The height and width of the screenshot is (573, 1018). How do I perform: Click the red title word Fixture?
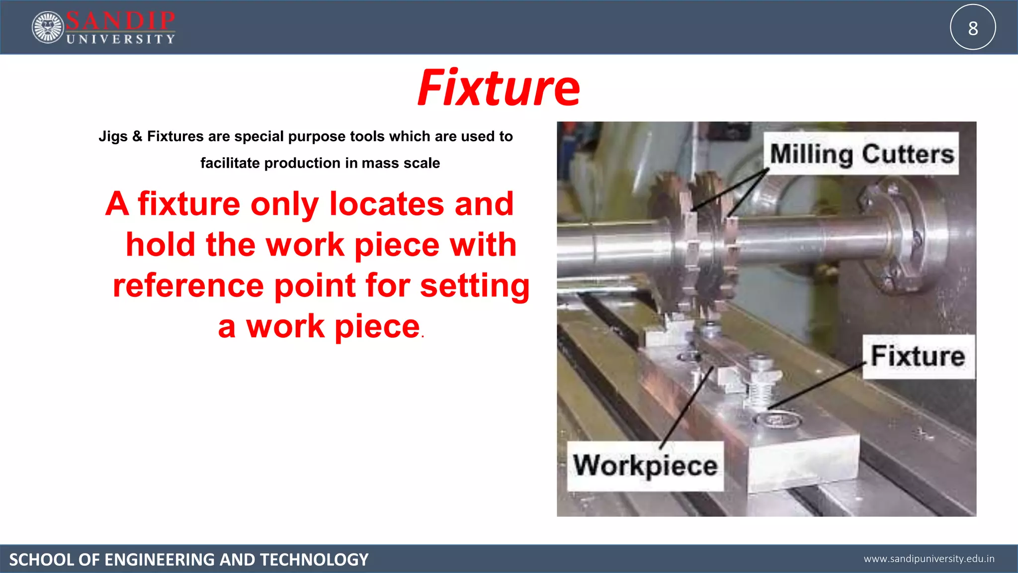(499, 89)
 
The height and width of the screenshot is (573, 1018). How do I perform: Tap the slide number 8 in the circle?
(973, 28)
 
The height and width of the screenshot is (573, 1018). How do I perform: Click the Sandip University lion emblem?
(48, 27)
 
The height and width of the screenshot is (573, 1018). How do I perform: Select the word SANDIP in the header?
(120, 21)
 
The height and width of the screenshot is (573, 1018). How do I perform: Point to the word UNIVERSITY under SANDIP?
(121, 39)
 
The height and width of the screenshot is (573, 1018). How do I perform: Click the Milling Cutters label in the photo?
(861, 154)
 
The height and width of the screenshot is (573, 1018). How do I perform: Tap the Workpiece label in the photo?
(645, 466)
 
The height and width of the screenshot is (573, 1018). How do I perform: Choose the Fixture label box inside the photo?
(918, 356)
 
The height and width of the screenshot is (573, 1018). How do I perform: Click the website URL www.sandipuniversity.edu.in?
(929, 559)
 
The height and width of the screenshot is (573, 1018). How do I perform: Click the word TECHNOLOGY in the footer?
(314, 560)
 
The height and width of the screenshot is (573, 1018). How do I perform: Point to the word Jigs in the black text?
(113, 136)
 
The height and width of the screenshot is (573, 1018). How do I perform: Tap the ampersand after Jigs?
(138, 136)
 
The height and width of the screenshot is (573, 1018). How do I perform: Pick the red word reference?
(188, 286)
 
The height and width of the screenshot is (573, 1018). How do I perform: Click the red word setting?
(475, 287)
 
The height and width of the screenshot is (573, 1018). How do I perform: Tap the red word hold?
(160, 245)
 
